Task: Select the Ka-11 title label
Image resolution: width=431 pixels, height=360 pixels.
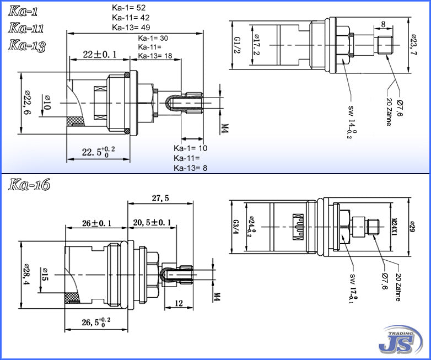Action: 26,28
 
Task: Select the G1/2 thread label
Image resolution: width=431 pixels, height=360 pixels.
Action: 236,45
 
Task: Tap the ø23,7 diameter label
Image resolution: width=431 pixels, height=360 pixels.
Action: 413,45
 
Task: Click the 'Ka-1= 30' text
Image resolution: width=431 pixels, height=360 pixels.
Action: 153,38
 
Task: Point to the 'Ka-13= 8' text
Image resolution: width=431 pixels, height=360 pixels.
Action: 191,168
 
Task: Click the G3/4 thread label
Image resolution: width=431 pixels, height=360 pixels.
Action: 235,227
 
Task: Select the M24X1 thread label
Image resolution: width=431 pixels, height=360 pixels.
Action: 394,226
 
